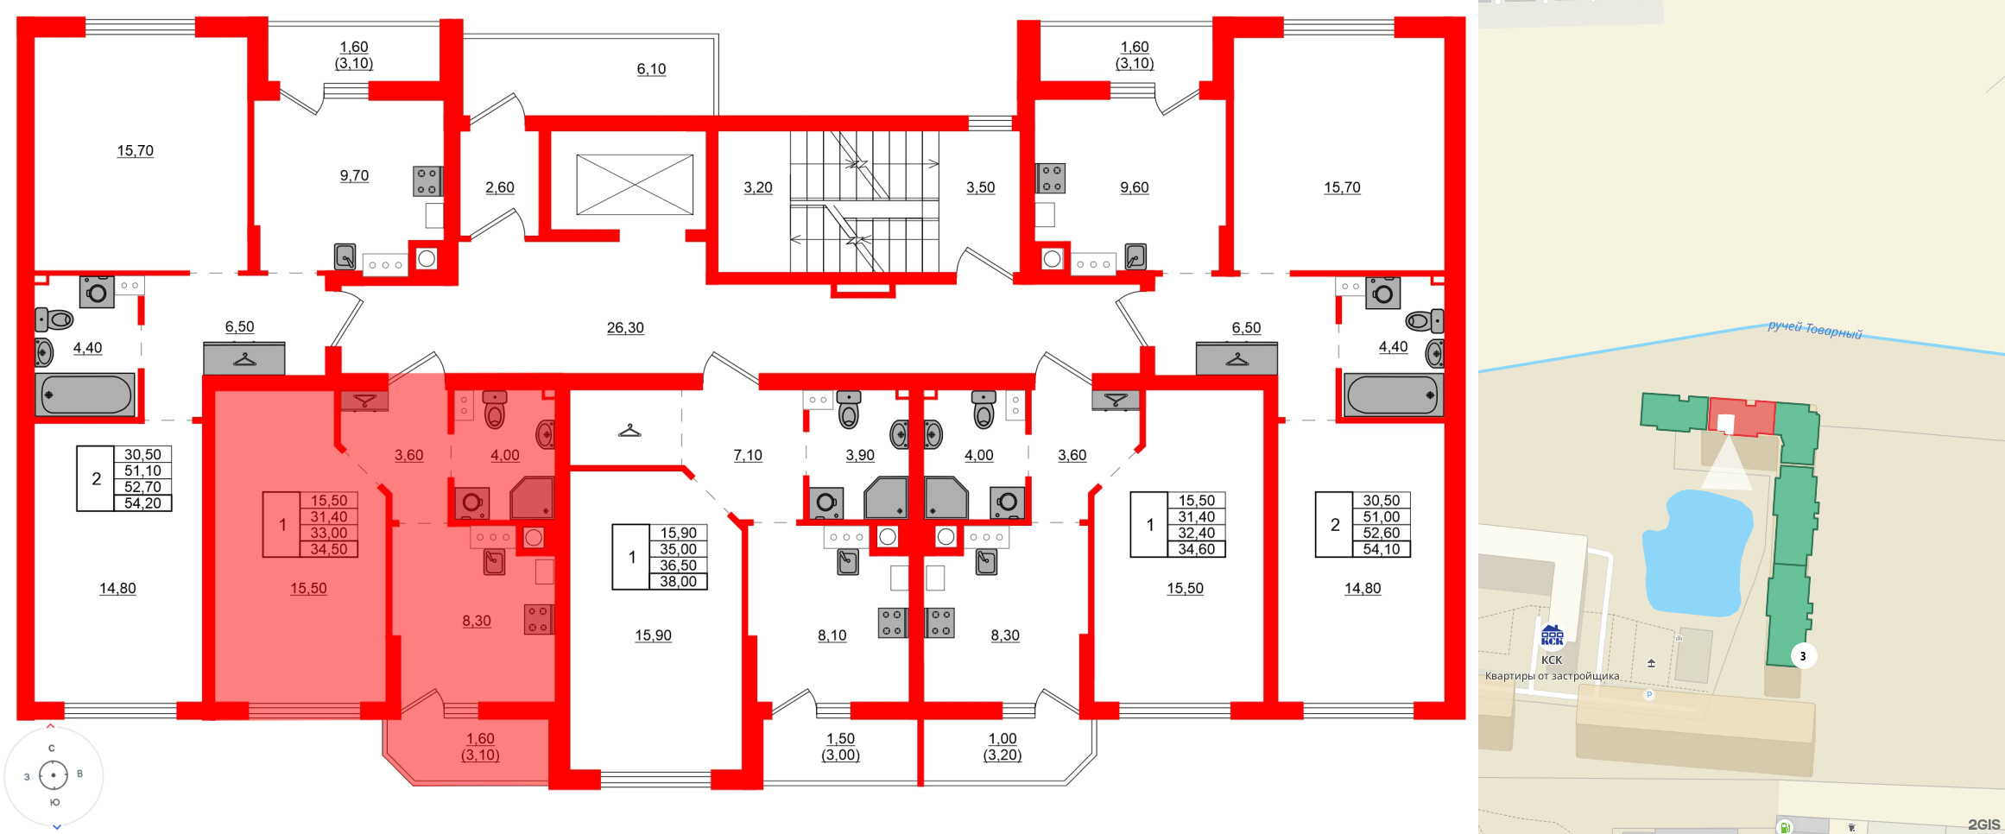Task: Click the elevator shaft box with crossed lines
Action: [x=635, y=185]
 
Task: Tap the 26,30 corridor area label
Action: [x=625, y=328]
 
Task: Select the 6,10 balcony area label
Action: [x=651, y=69]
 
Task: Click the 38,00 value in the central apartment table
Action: [x=678, y=582]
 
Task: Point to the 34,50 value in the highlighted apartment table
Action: [x=328, y=549]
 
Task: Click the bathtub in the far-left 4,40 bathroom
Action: [x=85, y=395]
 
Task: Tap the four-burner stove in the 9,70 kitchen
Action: [x=427, y=181]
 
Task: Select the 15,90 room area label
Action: [x=653, y=635]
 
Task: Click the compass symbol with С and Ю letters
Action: [x=54, y=775]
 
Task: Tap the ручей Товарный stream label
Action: [x=1814, y=330]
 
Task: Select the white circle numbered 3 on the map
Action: [x=1802, y=656]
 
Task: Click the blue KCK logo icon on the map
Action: [x=1552, y=636]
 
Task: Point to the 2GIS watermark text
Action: [x=1983, y=825]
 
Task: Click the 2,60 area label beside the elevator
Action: [x=499, y=187]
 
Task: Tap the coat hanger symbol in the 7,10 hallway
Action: [x=629, y=430]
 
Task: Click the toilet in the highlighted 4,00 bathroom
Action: [x=495, y=410]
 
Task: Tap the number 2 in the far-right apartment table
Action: [x=1335, y=525]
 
